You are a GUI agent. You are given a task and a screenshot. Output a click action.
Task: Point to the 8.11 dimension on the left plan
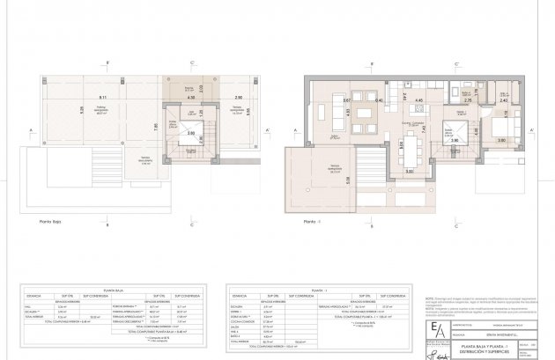(103, 97)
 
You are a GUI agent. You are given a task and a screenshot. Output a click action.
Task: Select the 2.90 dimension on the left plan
(238, 97)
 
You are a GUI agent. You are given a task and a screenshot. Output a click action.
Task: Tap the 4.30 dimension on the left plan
(190, 98)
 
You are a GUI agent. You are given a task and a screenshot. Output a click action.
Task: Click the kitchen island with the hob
(419, 112)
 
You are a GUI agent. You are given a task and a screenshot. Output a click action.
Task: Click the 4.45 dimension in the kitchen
(419, 100)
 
